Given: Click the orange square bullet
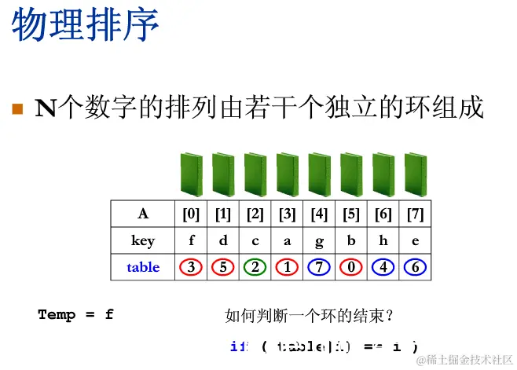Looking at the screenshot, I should tap(18, 108).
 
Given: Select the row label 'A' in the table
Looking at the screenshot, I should tap(143, 214).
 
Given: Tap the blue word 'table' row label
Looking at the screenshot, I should tap(143, 267).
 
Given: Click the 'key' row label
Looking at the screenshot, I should tap(143, 240).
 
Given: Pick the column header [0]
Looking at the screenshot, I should tap(191, 214).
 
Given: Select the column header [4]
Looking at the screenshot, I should tap(319, 214).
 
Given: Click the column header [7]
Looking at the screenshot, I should tap(416, 214).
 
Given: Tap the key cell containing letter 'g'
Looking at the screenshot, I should tap(319, 240).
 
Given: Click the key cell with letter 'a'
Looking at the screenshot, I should tap(287, 240).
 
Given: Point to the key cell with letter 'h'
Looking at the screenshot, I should tap(383, 240).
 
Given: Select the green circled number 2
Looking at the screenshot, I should tap(255, 267).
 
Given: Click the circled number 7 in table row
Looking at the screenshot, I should tap(319, 267).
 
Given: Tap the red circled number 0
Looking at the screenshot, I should tap(351, 267).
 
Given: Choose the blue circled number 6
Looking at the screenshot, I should tap(416, 267).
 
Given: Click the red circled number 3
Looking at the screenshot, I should tap(191, 267).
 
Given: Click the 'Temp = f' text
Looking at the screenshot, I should tap(75, 315).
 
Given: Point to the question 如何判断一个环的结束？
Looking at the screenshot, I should tap(309, 317).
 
